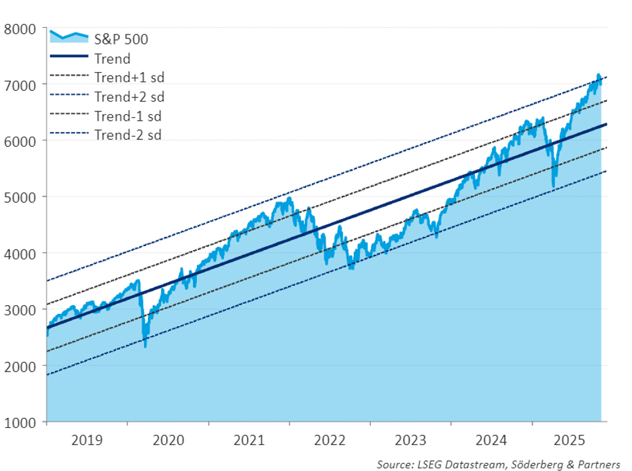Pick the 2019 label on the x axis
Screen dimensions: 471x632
click(86, 440)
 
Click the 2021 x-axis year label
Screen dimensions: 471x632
click(249, 440)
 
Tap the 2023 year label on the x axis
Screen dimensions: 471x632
click(411, 440)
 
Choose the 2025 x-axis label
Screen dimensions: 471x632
click(572, 440)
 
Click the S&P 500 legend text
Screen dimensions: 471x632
click(121, 39)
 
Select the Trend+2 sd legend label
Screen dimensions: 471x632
click(129, 97)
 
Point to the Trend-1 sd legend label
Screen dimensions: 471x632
click(128, 116)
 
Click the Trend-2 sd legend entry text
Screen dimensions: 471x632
click(128, 135)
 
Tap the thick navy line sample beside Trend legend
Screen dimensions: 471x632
click(69, 58)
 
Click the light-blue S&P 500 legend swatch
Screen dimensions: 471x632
click(69, 38)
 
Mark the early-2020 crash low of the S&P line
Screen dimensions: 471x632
click(145, 345)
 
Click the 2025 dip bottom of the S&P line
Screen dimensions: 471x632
click(553, 187)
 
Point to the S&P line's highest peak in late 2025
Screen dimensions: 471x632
click(598, 75)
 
